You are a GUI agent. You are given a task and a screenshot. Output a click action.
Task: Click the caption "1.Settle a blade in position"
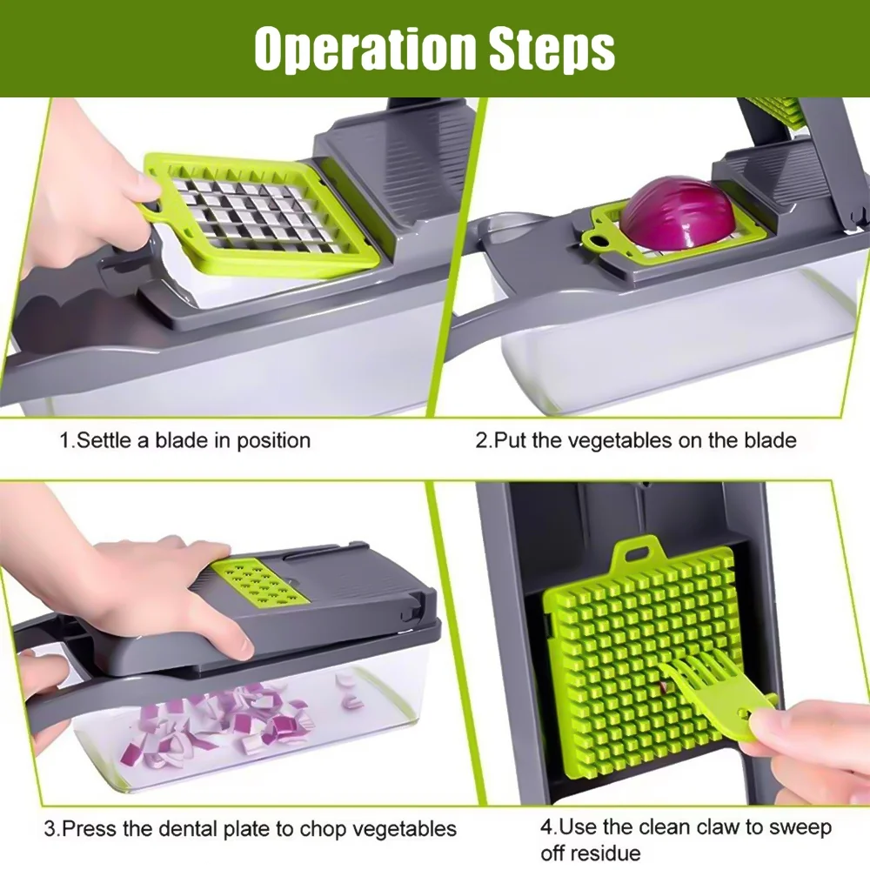click(x=184, y=440)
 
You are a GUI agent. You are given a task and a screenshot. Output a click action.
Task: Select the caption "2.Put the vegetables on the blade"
click(x=635, y=440)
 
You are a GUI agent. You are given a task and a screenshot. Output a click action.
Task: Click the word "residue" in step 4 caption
click(x=590, y=853)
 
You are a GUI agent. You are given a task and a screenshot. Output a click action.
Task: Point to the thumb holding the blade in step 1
click(x=144, y=187)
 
